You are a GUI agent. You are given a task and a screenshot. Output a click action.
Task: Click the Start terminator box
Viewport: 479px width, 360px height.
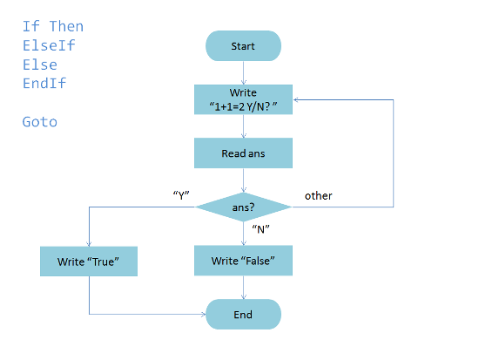pos(243,46)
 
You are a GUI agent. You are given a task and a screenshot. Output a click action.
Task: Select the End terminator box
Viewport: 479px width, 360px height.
pos(243,314)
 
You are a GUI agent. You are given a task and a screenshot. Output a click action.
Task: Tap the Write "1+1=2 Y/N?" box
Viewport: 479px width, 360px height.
pos(243,99)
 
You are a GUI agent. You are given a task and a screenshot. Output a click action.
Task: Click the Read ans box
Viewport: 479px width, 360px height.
pos(243,153)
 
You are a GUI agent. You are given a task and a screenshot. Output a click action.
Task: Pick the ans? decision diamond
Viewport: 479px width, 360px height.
pos(243,207)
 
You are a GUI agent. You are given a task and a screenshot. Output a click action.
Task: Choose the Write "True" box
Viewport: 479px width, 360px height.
pos(89,262)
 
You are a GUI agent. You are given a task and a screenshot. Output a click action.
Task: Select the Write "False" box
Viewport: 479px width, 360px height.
pos(243,261)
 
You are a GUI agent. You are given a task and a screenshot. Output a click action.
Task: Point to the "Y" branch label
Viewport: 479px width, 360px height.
pos(181,195)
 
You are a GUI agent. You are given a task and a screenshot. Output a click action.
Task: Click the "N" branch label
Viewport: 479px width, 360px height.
pos(260,229)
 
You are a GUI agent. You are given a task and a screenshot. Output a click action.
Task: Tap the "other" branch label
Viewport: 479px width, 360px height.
pos(318,196)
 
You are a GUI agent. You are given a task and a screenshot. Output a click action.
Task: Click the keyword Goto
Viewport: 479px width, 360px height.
pos(40,122)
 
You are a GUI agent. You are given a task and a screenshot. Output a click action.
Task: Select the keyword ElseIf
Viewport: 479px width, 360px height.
pos(49,45)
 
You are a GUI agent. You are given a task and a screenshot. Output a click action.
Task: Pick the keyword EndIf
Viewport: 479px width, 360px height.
pos(44,83)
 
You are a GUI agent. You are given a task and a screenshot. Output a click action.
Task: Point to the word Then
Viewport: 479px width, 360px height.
pos(66,27)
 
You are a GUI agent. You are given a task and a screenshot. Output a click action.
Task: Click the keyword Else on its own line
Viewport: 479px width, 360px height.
pos(40,65)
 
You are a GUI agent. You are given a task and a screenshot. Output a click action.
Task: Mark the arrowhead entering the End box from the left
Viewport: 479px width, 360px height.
pos(204,314)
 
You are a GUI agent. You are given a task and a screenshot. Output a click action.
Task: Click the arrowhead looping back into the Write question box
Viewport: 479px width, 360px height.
pos(296,99)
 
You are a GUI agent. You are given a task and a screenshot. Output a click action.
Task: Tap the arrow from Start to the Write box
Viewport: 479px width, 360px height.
pos(244,73)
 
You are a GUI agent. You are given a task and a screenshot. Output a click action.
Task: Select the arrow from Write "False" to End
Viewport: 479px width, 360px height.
pos(244,288)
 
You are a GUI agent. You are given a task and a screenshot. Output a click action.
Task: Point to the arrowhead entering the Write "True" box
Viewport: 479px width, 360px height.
pos(89,244)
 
